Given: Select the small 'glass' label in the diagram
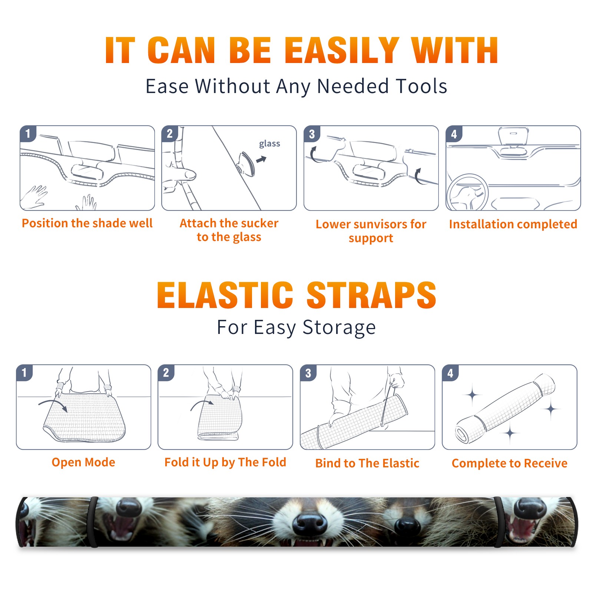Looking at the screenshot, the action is pos(269,144).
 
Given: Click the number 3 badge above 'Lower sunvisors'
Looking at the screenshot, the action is pos(312,134).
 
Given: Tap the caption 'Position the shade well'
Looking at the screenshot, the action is pos(87,223).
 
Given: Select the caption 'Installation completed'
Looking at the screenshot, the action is pos(513,224).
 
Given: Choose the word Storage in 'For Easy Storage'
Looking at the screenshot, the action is pos(339,328).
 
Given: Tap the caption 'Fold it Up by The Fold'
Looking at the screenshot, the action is pos(225,462).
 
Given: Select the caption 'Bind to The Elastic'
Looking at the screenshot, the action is pos(367,463).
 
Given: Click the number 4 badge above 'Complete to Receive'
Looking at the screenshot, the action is pos(450,373).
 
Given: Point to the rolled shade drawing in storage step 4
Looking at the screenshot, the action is pos(505,409).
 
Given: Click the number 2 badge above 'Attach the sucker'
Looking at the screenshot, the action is pos(170,134).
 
